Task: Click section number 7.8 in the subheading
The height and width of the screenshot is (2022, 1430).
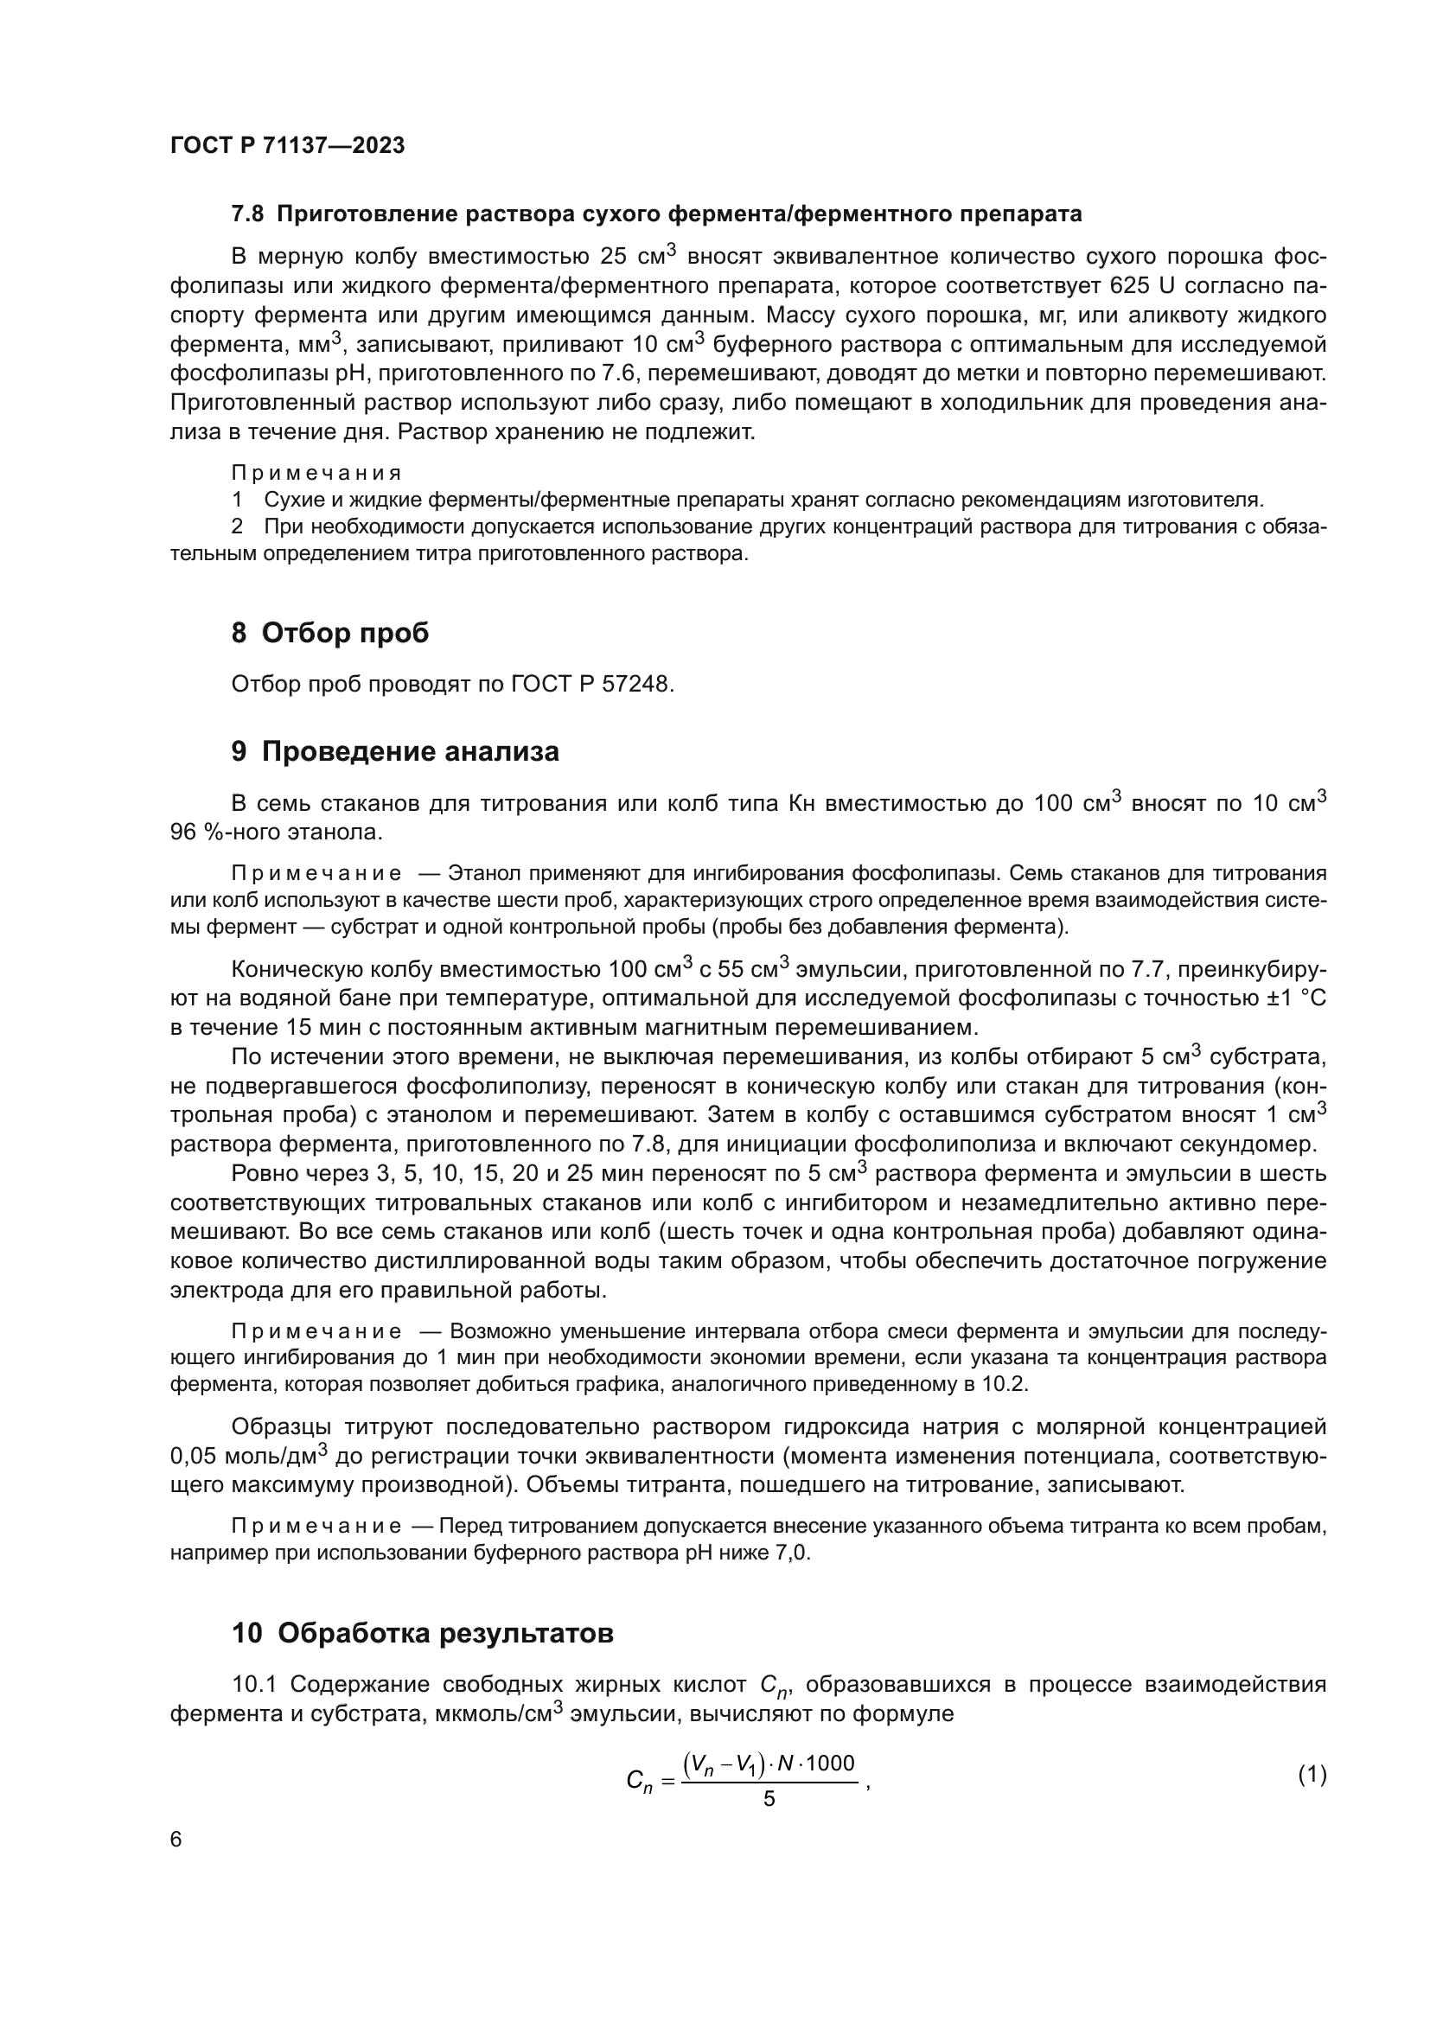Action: (x=246, y=214)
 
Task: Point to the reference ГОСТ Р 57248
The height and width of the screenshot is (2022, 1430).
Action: (x=591, y=684)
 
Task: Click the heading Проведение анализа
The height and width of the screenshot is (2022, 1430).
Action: (x=411, y=751)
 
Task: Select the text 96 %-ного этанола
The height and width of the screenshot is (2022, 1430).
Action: (x=276, y=831)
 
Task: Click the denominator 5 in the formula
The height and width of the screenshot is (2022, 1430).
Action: (x=769, y=1799)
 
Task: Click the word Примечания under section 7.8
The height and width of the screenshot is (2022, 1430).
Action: (x=316, y=473)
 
